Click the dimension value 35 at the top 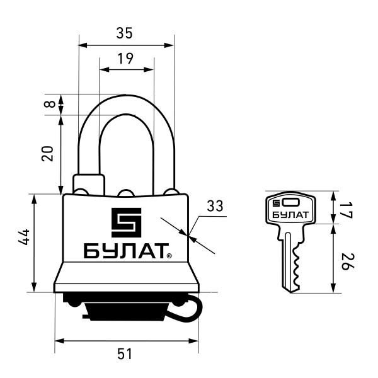pos(125,33)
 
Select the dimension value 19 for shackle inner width pos(125,59)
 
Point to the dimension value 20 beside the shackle pos(47,154)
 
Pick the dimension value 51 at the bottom pos(125,354)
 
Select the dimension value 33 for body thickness pos(215,206)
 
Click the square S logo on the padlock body pos(126,222)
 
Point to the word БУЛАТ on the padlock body pos(123,251)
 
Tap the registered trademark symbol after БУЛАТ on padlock pos(169,256)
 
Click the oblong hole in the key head pos(292,203)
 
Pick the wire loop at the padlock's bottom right pos(192,308)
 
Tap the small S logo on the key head pos(275,203)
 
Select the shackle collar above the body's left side pos(88,183)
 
